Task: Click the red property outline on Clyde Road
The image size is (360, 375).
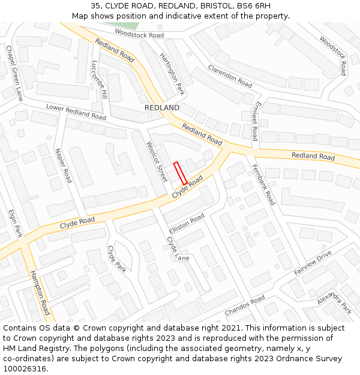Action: pos(180,173)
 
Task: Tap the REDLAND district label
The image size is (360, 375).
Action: pos(162,107)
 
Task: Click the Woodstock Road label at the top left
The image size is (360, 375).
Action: pos(139,35)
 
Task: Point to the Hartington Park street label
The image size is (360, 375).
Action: pos(172,74)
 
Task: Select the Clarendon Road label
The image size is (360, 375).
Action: pos(230,76)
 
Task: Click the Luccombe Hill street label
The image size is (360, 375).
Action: pos(100,80)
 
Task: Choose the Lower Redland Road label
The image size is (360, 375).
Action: pos(76,112)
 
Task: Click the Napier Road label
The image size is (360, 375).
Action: pos(63,166)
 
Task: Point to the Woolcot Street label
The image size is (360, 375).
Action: pos(157,162)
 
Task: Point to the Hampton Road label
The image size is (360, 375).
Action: pos(40,292)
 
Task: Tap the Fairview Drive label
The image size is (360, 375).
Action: pos(313,263)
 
